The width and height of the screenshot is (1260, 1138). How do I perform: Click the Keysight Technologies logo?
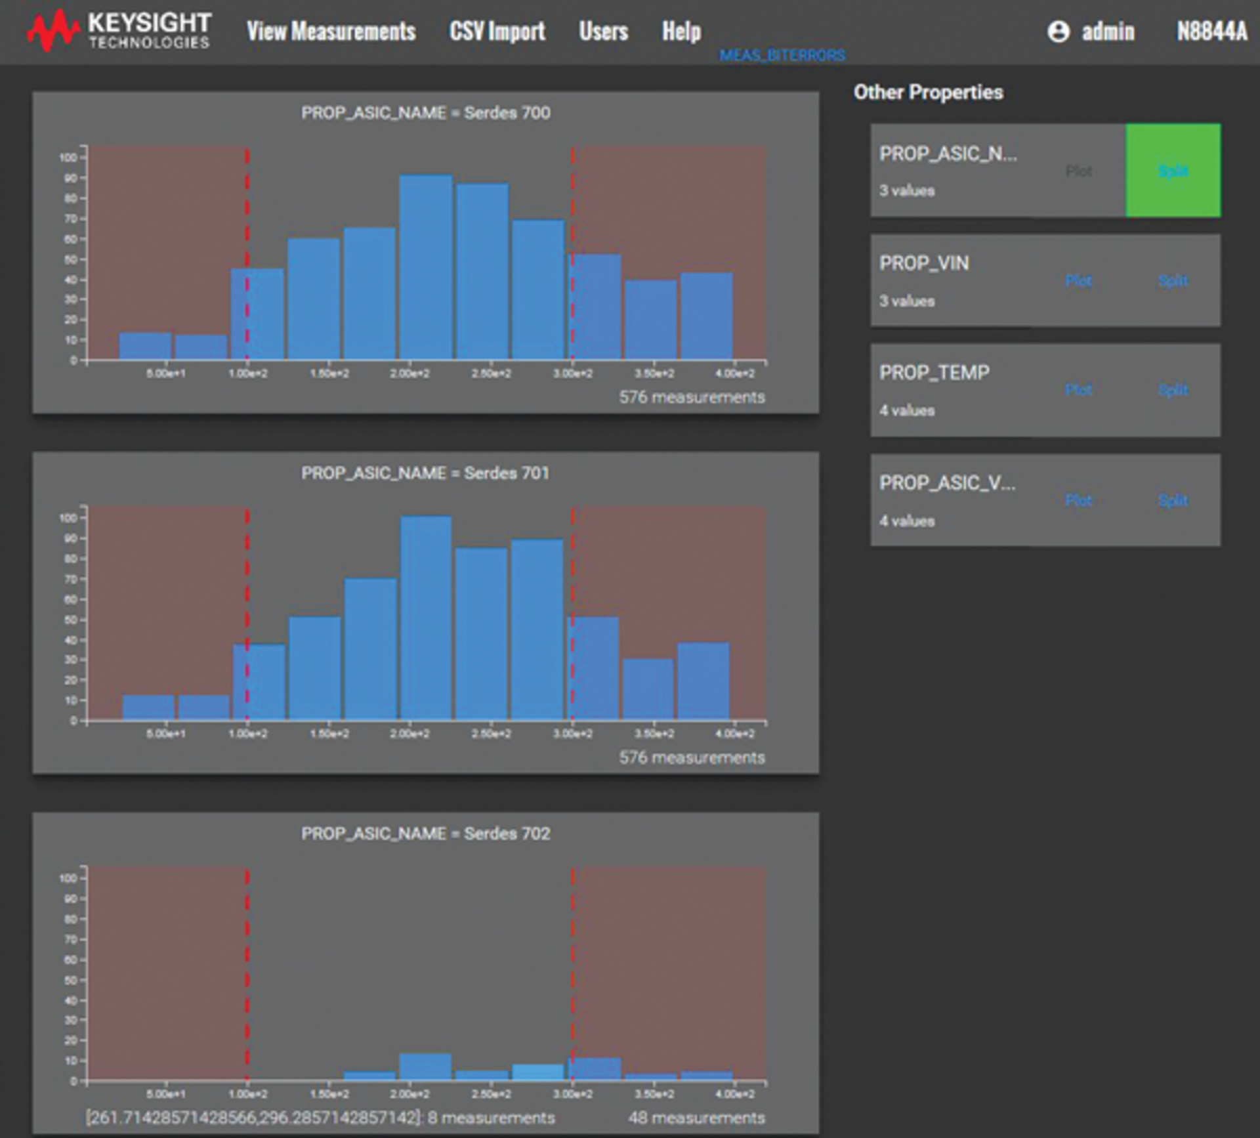click(119, 31)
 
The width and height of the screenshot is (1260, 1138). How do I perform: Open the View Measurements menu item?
click(331, 32)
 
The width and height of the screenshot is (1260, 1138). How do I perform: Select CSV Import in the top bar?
click(497, 32)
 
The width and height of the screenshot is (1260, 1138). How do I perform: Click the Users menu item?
click(603, 32)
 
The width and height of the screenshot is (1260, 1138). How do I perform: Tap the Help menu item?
click(681, 32)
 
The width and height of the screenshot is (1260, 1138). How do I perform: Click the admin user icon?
click(1058, 32)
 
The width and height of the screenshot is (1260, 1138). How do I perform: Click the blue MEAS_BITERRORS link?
click(782, 56)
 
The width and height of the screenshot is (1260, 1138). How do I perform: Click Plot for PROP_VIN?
click(1078, 281)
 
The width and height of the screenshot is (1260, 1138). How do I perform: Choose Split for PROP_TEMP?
click(1173, 390)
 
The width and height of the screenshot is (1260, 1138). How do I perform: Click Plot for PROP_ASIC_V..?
click(1078, 500)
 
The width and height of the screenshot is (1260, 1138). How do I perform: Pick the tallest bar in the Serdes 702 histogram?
click(426, 1067)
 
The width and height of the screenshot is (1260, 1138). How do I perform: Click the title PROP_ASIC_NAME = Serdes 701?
click(425, 473)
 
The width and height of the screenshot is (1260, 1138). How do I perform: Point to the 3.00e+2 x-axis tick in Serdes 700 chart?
click(572, 373)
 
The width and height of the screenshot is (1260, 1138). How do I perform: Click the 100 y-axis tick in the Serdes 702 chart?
click(68, 878)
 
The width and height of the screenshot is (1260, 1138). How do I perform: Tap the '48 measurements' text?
click(696, 1118)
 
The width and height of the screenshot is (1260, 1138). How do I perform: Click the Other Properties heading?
click(928, 93)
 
